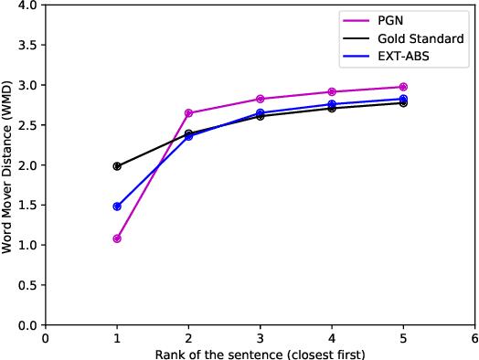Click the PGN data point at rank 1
tap(117, 238)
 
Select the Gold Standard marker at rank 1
tap(117, 166)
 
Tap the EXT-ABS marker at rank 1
tap(117, 206)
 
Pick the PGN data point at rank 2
tap(188, 113)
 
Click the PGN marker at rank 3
tap(261, 99)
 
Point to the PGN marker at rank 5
tap(403, 87)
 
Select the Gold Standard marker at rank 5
tap(403, 103)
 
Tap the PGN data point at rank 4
tap(332, 91)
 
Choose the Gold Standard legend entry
tap(420, 39)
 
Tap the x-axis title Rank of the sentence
tap(260, 353)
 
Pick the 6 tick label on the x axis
tap(474, 337)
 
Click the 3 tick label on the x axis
tap(261, 337)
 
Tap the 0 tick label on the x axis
tap(46, 337)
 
